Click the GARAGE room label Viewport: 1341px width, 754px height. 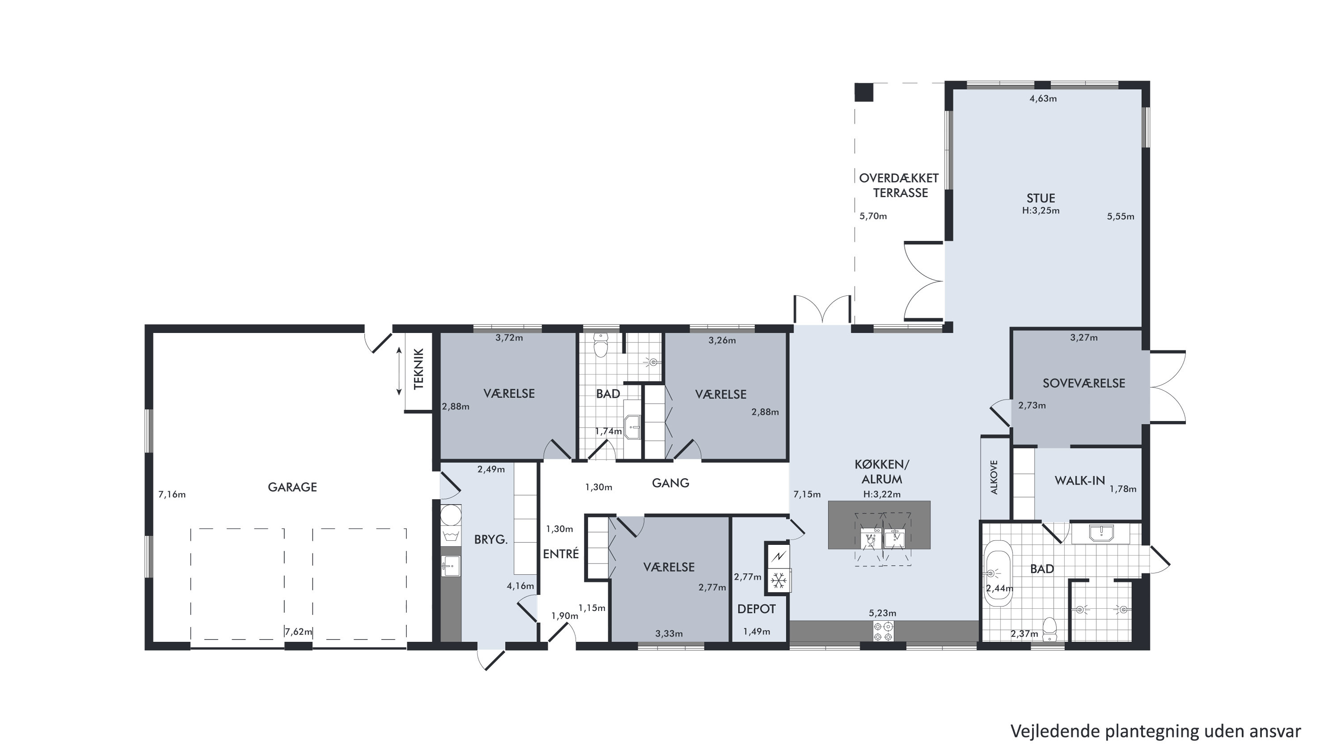tap(292, 487)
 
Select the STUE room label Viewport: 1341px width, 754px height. tap(1041, 198)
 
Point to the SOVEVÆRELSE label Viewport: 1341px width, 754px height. tap(1084, 383)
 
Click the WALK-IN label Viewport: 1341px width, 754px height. tap(1080, 481)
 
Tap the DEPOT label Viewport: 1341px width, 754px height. tap(756, 609)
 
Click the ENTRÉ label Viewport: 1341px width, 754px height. tap(561, 554)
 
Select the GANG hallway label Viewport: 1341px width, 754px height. tap(670, 483)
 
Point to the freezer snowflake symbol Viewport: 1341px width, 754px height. tap(779, 580)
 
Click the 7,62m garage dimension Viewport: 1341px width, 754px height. tap(298, 632)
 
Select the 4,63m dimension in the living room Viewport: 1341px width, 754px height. tap(1043, 98)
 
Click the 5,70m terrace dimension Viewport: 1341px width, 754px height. tap(873, 216)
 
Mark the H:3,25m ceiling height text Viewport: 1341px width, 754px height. tap(1041, 211)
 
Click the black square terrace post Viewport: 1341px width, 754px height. tap(864, 92)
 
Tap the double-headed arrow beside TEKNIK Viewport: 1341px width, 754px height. tap(399, 371)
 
